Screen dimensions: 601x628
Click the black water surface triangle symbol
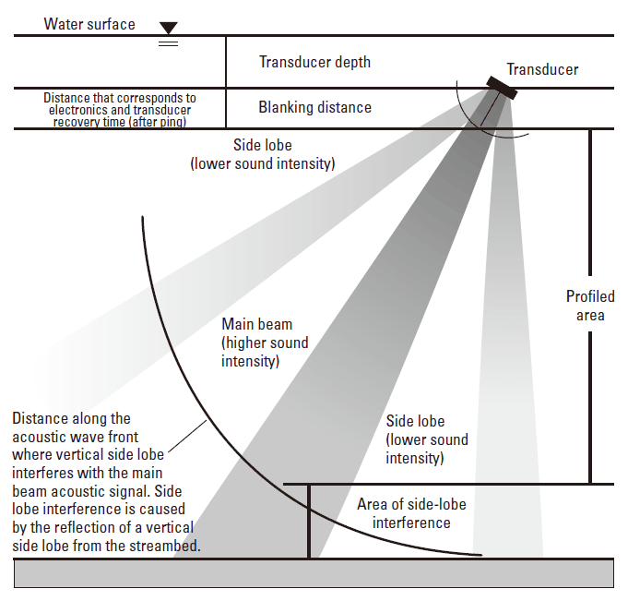pos(168,28)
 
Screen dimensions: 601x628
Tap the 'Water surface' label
pos(89,24)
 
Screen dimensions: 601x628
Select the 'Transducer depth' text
pos(314,62)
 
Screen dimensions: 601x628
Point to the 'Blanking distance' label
pos(314,107)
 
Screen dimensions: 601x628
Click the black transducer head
pos(504,89)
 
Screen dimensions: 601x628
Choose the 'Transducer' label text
pos(542,69)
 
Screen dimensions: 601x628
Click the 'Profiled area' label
pos(590,306)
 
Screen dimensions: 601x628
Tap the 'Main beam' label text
pos(256,324)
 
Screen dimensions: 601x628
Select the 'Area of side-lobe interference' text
pos(411,513)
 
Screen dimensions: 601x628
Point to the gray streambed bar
pos(314,573)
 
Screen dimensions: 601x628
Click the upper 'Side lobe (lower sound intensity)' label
pos(262,154)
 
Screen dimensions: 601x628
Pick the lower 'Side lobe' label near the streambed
pos(427,439)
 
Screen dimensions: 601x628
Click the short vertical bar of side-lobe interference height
pos(309,521)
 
